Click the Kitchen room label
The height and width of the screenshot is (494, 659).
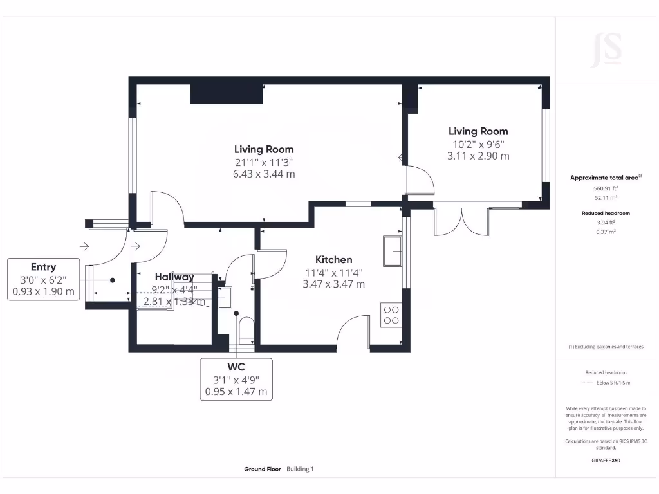point(333,260)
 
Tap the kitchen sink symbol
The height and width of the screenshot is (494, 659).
point(392,251)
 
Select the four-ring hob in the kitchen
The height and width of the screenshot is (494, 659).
point(391,315)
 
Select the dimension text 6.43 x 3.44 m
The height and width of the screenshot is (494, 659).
point(265,174)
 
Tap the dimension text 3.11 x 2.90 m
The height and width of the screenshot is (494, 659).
point(478,156)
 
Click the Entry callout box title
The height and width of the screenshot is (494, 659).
point(43,267)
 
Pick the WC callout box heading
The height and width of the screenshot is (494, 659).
point(236,367)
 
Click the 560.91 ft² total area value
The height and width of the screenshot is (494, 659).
point(606,188)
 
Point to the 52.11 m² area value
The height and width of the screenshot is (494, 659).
point(606,198)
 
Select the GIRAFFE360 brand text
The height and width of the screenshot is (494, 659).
point(606,461)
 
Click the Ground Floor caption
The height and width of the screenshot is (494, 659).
point(263,470)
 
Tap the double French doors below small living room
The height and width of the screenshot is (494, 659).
point(461,222)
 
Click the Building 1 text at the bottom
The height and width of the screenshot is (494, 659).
point(300,470)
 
